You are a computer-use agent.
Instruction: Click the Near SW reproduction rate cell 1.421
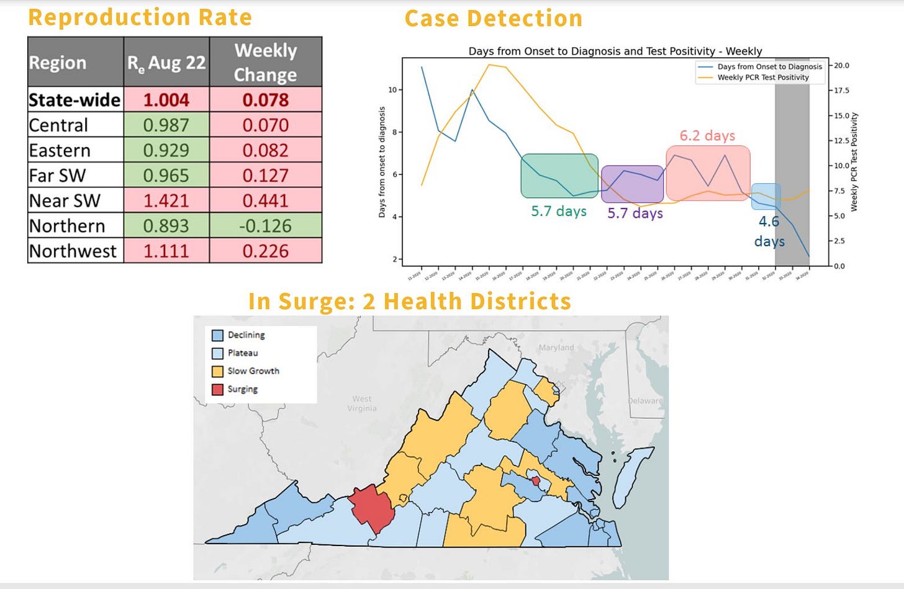coord(166,200)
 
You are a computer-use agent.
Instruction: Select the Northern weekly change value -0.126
coord(265,226)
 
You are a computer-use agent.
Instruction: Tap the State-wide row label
coord(75,100)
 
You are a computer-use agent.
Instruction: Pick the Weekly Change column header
coord(265,62)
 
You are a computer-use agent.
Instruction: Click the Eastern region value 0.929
coord(166,150)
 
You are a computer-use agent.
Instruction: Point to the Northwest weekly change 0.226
coord(265,251)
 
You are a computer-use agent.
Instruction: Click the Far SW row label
coord(58,176)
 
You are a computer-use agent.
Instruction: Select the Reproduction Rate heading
coord(140,17)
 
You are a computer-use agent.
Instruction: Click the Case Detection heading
coord(494,19)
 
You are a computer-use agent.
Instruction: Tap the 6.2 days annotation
coord(707,135)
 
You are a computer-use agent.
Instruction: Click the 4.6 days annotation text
coord(769,231)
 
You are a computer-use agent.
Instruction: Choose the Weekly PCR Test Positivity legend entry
coord(763,78)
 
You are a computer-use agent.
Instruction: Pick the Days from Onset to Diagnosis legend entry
coord(769,66)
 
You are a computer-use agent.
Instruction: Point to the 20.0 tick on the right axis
coord(841,65)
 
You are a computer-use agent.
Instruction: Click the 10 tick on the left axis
coord(392,90)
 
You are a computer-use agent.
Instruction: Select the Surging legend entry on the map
coord(242,389)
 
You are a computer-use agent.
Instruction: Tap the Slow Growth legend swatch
coord(217,371)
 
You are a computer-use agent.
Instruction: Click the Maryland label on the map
coord(556,348)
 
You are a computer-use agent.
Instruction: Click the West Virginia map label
coord(362,403)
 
